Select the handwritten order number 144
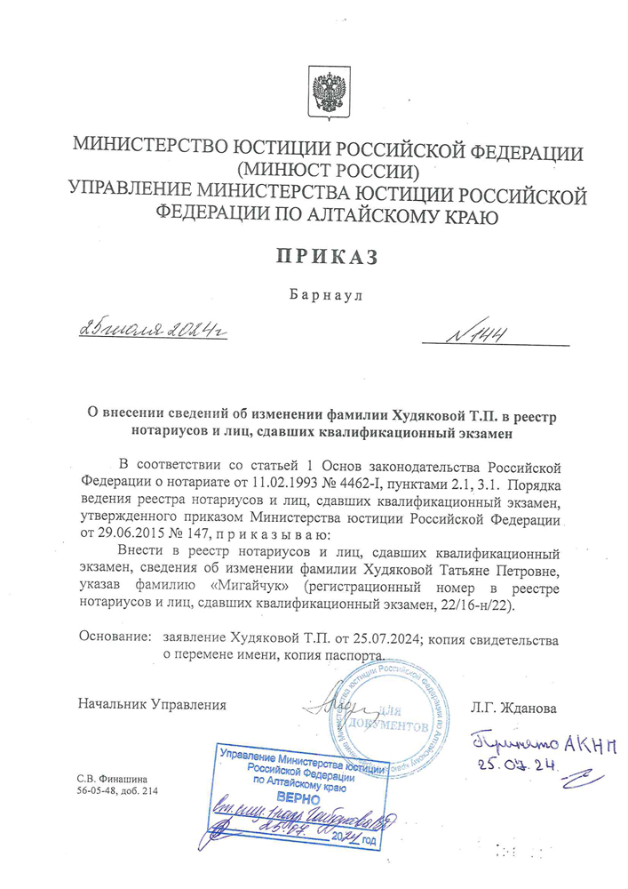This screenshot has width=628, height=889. tap(481, 335)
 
